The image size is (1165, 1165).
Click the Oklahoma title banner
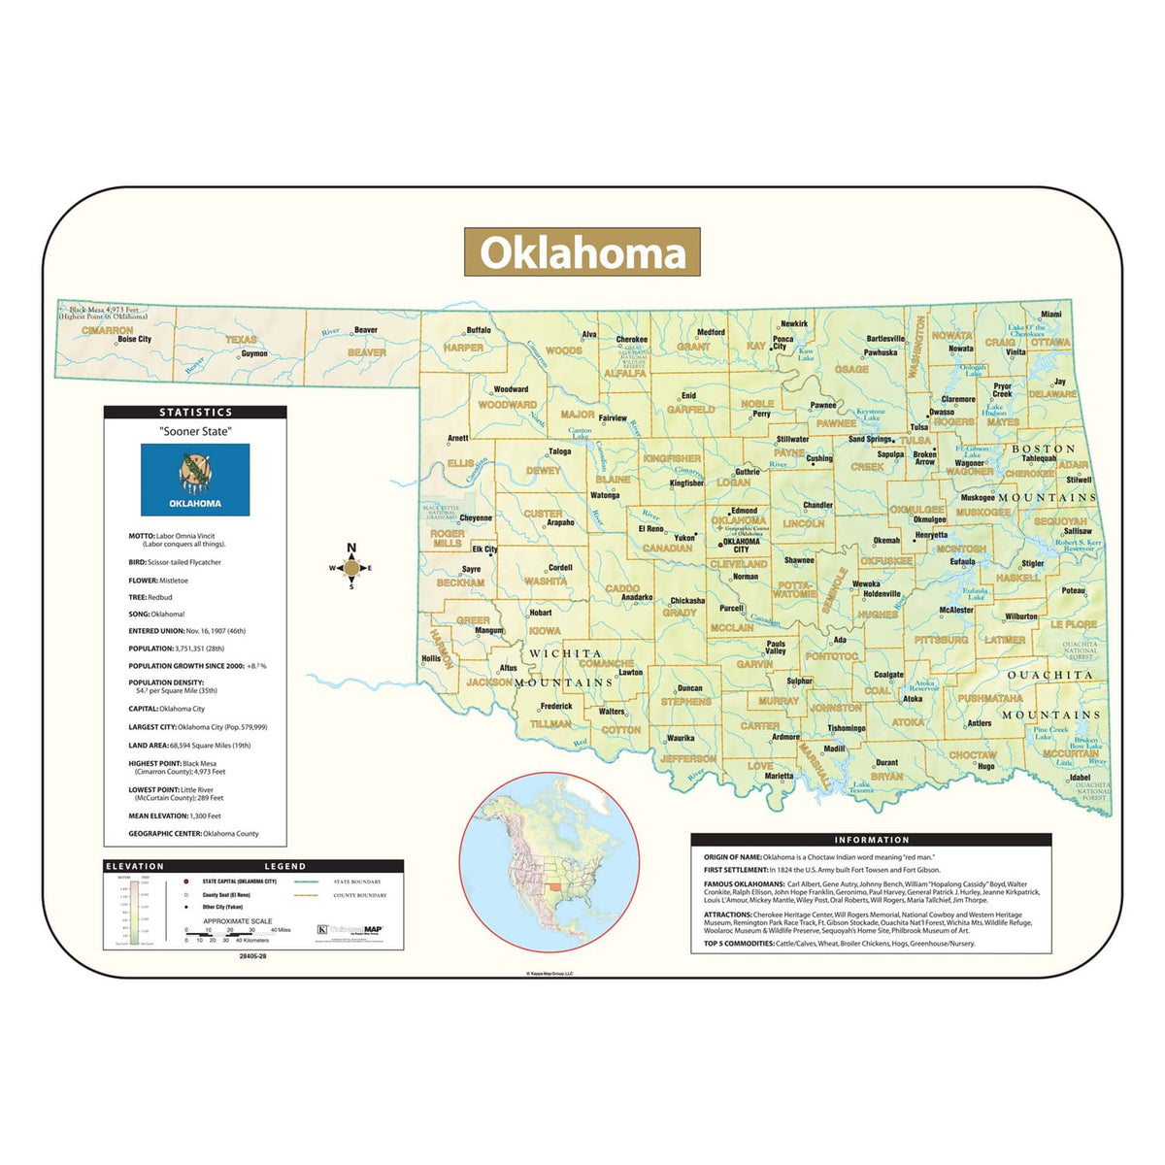click(x=582, y=252)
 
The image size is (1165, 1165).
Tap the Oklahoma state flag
click(x=195, y=480)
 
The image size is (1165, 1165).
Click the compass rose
click(x=351, y=568)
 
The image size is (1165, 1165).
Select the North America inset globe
click(x=549, y=862)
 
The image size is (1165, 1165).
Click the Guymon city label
click(x=254, y=353)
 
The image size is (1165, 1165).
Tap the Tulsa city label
click(x=918, y=427)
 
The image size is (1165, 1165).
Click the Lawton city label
click(x=631, y=672)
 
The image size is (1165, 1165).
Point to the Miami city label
click(x=1051, y=315)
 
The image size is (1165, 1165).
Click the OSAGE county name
click(x=851, y=370)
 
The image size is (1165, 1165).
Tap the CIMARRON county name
click(x=108, y=330)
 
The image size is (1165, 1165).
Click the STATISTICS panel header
click(x=195, y=413)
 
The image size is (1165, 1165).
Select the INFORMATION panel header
click(x=871, y=840)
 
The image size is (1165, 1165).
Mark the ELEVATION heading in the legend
click(x=135, y=866)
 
